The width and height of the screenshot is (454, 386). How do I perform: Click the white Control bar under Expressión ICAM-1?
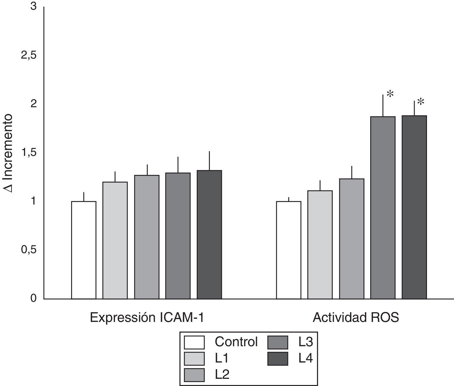(84, 250)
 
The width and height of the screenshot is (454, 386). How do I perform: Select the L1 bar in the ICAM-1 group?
(115, 240)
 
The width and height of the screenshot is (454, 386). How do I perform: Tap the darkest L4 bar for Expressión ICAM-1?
(209, 235)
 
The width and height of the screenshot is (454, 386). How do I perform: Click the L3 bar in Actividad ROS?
(383, 208)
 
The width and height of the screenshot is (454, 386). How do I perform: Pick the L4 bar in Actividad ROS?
(414, 207)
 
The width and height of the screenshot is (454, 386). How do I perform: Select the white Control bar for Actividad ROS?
(289, 250)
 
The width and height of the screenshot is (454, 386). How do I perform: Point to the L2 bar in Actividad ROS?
(351, 239)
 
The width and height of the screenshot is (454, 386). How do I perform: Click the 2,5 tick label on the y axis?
(29, 56)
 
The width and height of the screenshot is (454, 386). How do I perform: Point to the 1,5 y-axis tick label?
(29, 153)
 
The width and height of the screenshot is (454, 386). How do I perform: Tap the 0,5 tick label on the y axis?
(29, 250)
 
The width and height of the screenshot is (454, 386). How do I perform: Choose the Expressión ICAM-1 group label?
(147, 318)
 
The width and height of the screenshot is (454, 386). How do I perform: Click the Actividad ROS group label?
(356, 318)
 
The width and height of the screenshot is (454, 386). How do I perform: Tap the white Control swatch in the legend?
(194, 343)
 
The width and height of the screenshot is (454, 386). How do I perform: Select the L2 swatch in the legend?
(194, 375)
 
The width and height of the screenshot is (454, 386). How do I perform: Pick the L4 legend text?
(306, 359)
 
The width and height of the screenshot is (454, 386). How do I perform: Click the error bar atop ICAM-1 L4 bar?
(209, 161)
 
